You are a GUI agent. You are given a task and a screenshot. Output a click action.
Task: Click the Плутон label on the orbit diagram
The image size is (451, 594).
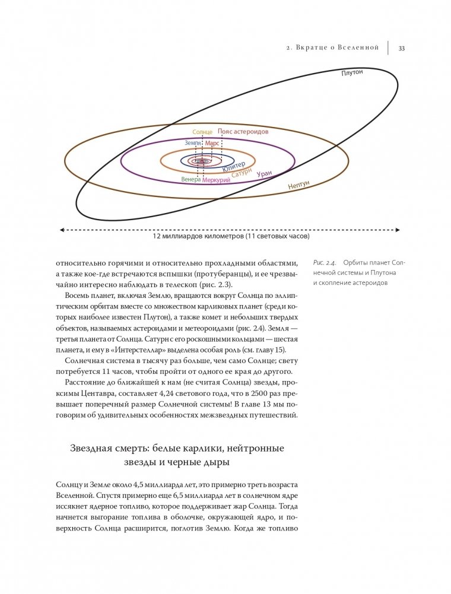(x=352, y=73)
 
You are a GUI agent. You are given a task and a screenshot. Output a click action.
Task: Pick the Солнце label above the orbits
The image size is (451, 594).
(x=202, y=132)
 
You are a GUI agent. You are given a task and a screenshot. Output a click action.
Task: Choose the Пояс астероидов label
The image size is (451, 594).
(x=243, y=132)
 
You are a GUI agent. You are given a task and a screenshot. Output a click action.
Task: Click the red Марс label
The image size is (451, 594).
(x=212, y=144)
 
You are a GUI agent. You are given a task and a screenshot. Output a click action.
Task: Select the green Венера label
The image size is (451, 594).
(x=191, y=179)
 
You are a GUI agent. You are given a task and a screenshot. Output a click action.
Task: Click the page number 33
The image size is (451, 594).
(x=402, y=47)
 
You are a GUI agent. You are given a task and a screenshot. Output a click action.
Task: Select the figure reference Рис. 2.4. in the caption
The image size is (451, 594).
(x=324, y=262)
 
